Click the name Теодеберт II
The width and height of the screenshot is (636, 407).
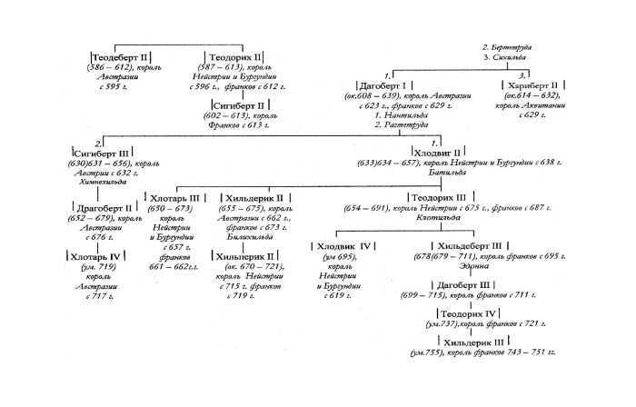(x=126, y=56)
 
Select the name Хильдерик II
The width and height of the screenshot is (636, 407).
(x=255, y=196)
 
